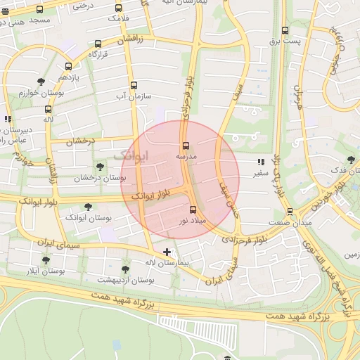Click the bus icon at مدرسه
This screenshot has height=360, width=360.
click(x=186, y=146)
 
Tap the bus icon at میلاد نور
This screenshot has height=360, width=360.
click(x=193, y=210)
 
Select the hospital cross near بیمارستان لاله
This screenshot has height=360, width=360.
click(x=167, y=252)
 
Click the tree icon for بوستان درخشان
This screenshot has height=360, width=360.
click(x=101, y=167)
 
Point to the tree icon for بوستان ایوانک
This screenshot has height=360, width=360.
click(x=88, y=207)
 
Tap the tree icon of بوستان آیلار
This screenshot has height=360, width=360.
click(x=46, y=259)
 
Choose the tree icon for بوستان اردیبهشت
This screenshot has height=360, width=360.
click(x=125, y=269)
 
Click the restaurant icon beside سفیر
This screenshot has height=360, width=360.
click(x=261, y=162)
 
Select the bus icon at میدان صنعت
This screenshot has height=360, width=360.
click(x=290, y=212)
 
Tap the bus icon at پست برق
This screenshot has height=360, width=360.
click(x=285, y=31)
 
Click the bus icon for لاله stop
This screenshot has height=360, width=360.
click(x=48, y=110)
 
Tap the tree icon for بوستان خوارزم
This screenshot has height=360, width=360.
click(x=41, y=82)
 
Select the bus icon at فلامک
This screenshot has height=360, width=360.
click(x=118, y=8)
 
